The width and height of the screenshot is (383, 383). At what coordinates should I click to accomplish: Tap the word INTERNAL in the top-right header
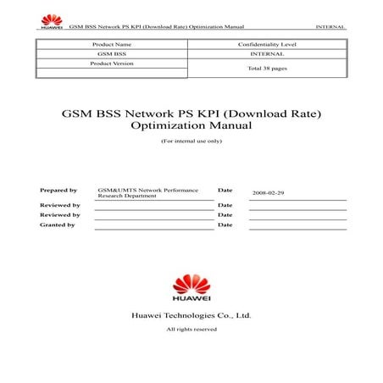coord(330,27)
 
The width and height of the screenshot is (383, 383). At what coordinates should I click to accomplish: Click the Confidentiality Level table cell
coord(266,43)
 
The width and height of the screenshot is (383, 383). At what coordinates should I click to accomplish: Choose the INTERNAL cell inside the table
coord(266,53)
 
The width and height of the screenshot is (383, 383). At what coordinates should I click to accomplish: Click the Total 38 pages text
coord(266,68)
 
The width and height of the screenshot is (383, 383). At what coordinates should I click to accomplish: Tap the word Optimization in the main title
coord(164,125)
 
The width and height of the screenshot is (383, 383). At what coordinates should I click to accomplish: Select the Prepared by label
coord(58,191)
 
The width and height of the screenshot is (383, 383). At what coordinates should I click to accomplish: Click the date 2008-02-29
coord(269,193)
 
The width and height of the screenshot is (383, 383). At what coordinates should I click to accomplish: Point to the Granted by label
coord(58,225)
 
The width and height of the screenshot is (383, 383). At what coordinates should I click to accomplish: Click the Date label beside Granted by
coord(225,225)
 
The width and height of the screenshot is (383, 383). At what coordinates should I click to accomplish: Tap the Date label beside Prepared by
coord(225,191)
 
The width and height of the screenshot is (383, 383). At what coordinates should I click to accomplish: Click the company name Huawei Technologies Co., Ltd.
coord(191,315)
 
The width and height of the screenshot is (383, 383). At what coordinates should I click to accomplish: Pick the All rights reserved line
coord(191,329)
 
